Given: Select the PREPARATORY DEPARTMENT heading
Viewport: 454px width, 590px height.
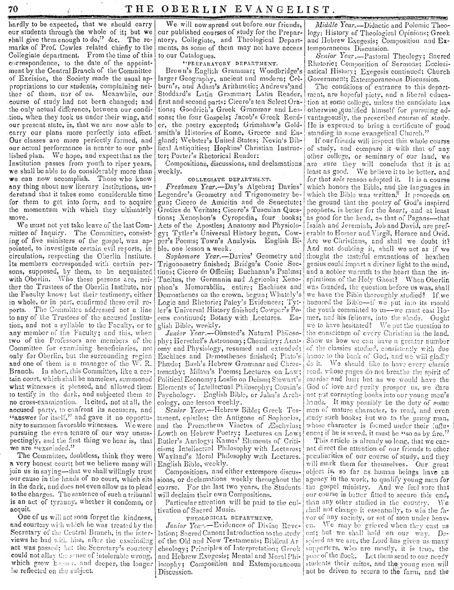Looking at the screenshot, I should tap(233, 64).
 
